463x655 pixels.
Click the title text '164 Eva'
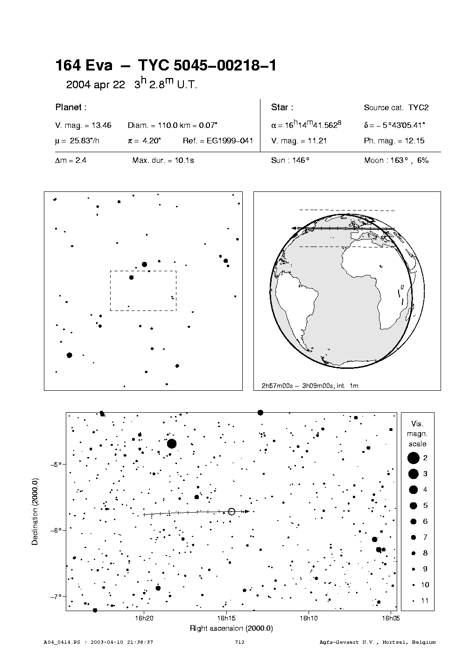click(84, 66)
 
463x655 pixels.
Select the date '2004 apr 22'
click(96, 85)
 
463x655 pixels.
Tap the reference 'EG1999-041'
click(230, 141)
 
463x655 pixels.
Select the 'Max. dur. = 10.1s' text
click(163, 160)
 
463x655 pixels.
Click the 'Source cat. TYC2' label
click(396, 107)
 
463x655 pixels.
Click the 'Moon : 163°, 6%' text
click(396, 160)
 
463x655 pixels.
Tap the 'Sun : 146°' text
click(290, 160)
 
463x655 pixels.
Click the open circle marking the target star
click(231, 511)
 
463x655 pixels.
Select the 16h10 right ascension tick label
click(309, 618)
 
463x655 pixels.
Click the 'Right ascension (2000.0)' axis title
click(231, 628)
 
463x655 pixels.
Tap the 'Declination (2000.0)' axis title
click(35, 511)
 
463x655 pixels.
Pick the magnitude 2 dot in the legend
click(413, 458)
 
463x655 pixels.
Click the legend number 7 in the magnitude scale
click(425, 537)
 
